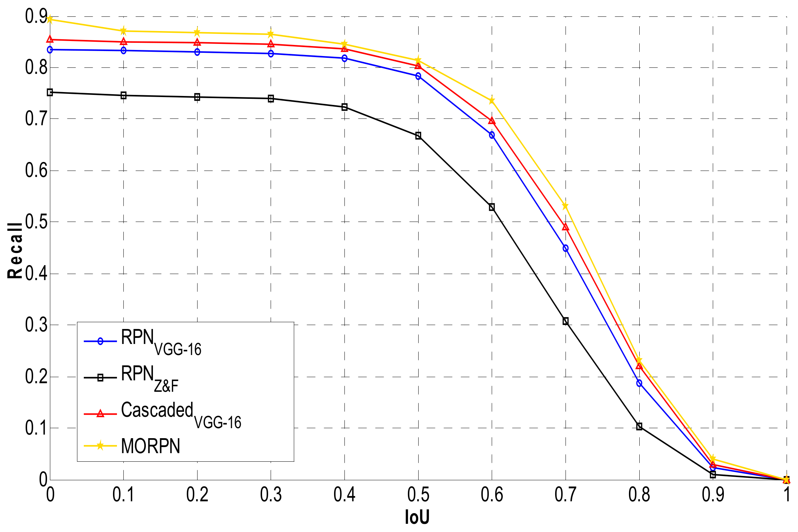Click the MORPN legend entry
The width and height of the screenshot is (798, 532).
[150, 446]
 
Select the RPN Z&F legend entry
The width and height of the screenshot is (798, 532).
[150, 378]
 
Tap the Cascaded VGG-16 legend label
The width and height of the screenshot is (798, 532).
[181, 414]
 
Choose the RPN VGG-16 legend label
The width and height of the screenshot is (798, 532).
[161, 341]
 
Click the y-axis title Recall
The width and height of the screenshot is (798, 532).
[15, 250]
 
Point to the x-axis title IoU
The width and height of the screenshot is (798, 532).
[417, 517]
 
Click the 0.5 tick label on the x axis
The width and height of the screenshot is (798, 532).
[418, 495]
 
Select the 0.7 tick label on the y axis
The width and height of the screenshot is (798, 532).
[36, 119]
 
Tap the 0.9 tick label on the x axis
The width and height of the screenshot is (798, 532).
[713, 495]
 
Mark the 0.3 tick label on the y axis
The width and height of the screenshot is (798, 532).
[36, 325]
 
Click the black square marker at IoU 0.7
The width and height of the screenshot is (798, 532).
[566, 321]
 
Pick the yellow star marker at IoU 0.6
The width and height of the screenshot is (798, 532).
[492, 101]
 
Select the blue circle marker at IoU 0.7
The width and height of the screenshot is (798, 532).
[566, 248]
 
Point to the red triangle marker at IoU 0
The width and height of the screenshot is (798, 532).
[50, 39]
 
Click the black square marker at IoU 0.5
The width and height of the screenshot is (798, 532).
[418, 136]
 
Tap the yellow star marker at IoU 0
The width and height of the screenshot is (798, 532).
[50, 19]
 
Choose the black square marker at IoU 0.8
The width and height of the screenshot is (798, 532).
[639, 426]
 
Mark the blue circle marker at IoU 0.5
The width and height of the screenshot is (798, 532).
[418, 76]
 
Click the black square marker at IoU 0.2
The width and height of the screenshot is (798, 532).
[197, 97]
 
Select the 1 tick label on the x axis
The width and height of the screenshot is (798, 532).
[787, 495]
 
